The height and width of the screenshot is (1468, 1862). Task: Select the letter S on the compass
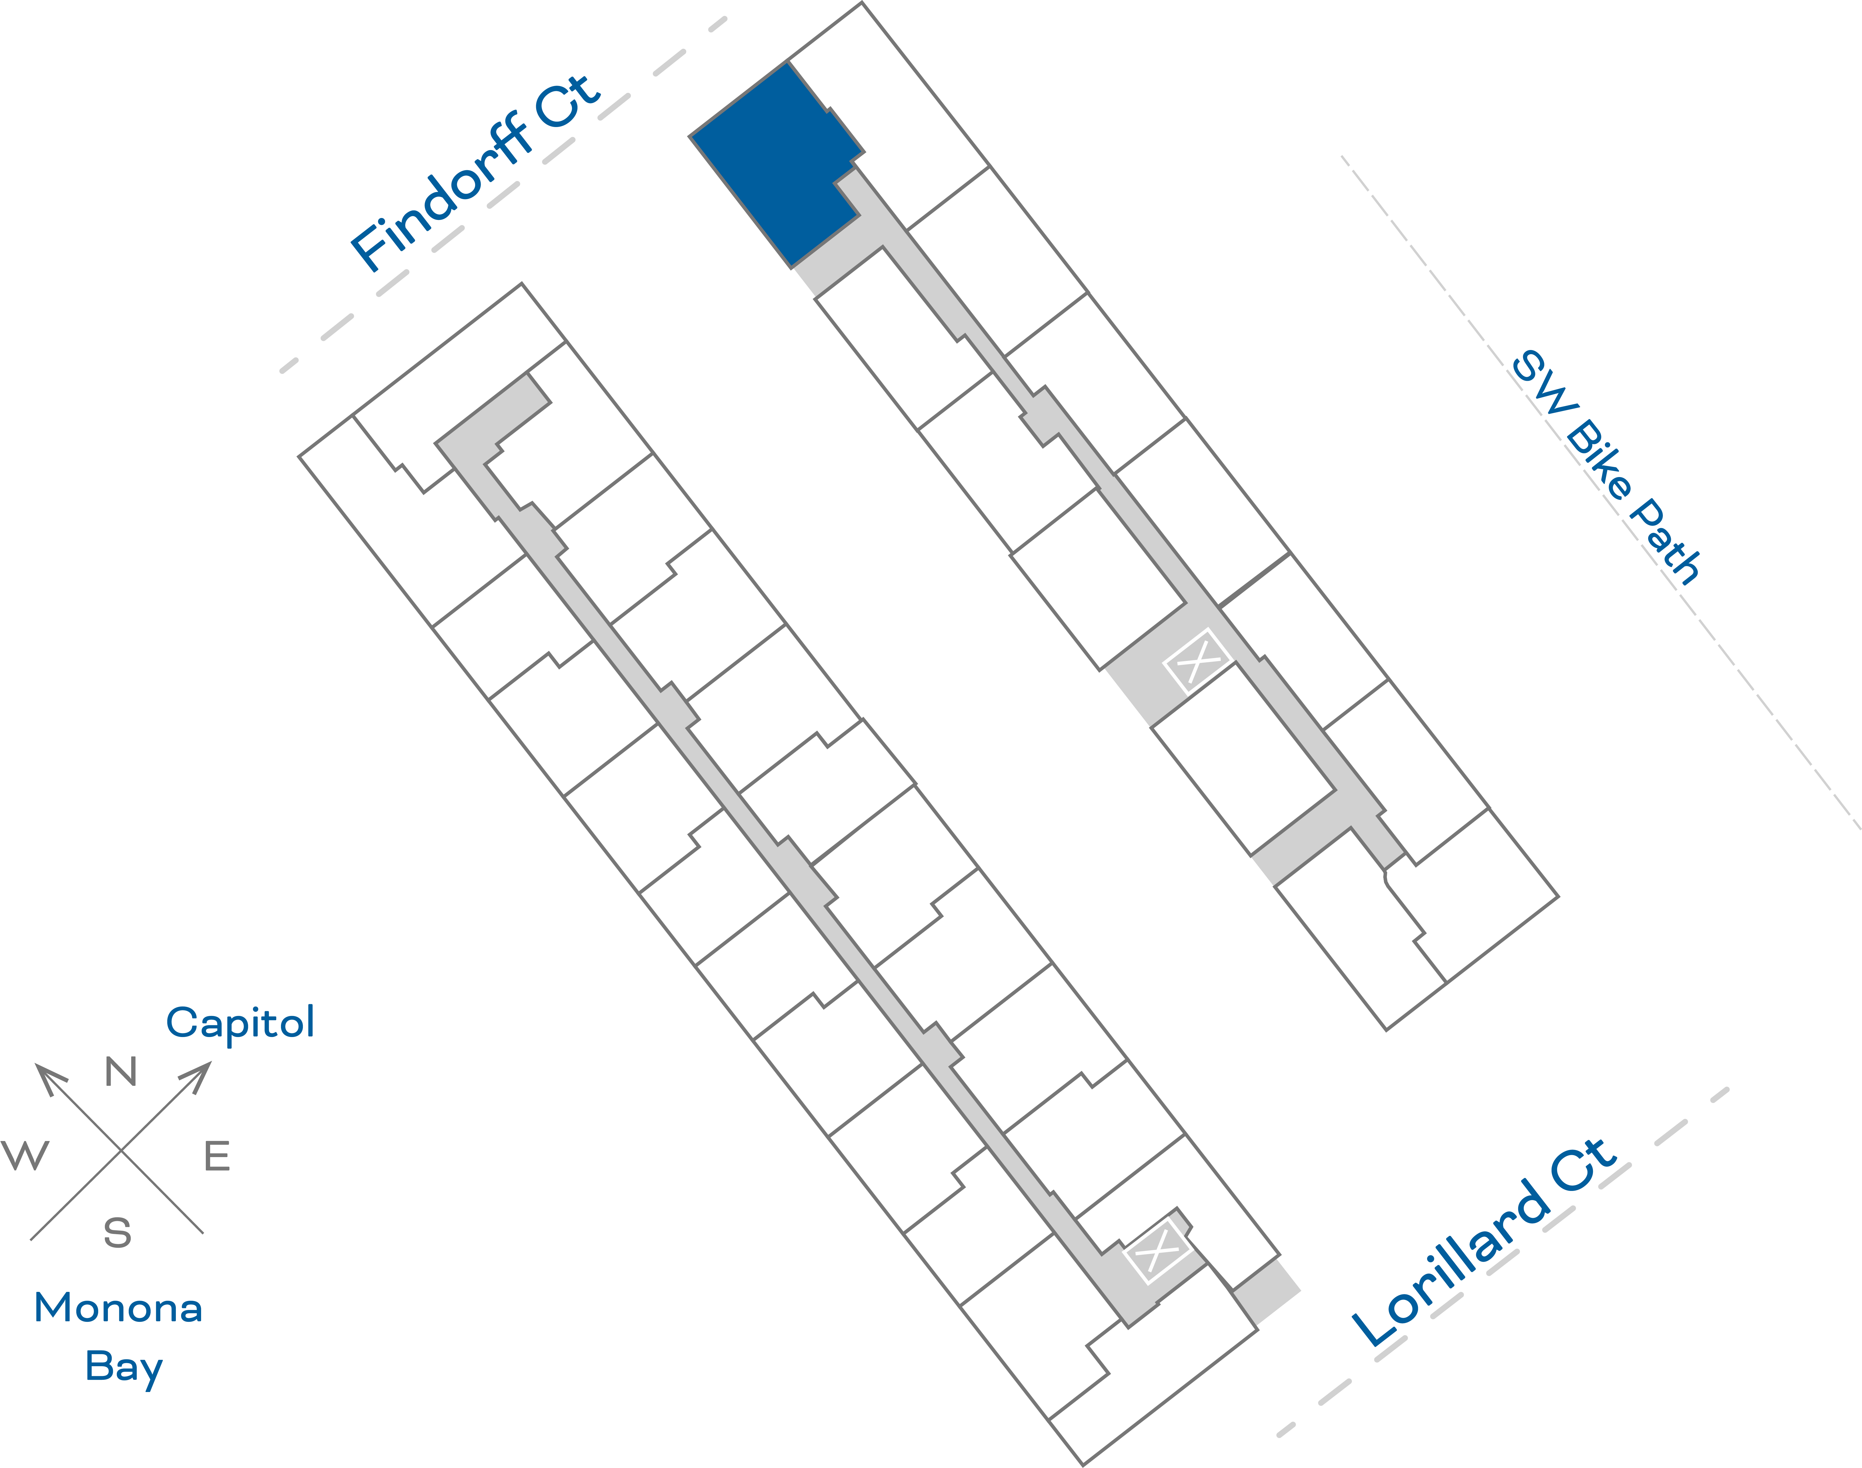[x=118, y=1233]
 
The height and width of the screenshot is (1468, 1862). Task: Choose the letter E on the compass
[x=217, y=1156]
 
